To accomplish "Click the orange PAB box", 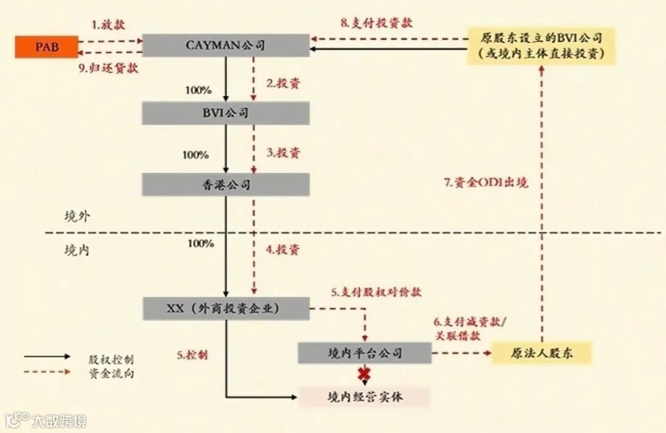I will point(47,47).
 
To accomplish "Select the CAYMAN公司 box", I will point(226,46).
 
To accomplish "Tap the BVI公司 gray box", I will point(226,113).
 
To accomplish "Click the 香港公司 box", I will point(226,184).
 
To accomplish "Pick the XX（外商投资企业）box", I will point(226,308).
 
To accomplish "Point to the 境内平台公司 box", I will point(365,353).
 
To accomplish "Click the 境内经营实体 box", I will point(365,397).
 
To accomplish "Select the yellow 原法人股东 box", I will point(542,353).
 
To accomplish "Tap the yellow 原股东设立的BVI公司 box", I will point(541,46).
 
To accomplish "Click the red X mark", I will point(364,374).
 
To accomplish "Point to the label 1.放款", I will point(109,25).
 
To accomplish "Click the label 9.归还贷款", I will point(109,68).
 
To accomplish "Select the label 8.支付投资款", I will point(376,23).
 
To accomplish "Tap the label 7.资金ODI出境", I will point(487,183).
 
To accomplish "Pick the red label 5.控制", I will point(192,355).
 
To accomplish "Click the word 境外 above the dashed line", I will point(78,216).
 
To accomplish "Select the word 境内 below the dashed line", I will point(78,250).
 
